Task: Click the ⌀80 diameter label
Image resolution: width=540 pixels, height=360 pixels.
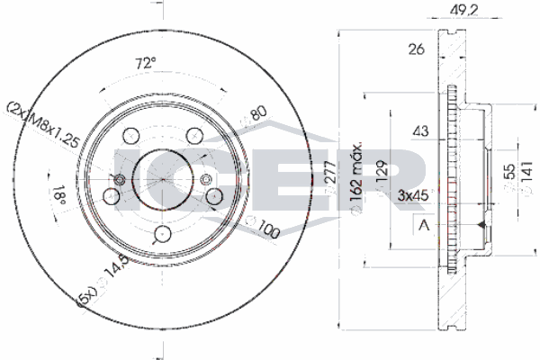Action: coord(256,117)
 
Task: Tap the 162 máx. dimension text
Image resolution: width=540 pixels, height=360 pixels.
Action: coord(357,176)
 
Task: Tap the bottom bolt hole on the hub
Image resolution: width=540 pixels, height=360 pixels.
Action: coord(163,234)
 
